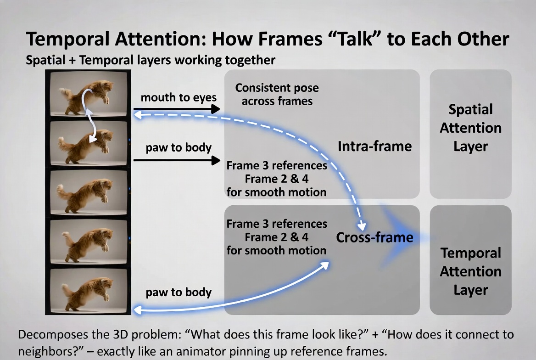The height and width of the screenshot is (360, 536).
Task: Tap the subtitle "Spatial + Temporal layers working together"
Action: click(x=151, y=60)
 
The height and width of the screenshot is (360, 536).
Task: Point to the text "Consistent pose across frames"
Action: click(x=277, y=94)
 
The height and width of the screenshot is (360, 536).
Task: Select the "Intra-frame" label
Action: click(x=374, y=146)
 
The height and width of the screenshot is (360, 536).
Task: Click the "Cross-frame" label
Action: click(x=374, y=237)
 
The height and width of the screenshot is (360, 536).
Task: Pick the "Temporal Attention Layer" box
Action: click(x=470, y=271)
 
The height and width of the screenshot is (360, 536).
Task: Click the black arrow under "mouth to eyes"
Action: click(x=177, y=109)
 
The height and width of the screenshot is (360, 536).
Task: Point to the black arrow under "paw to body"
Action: click(x=177, y=160)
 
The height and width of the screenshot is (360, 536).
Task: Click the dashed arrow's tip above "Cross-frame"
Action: click(x=362, y=226)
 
